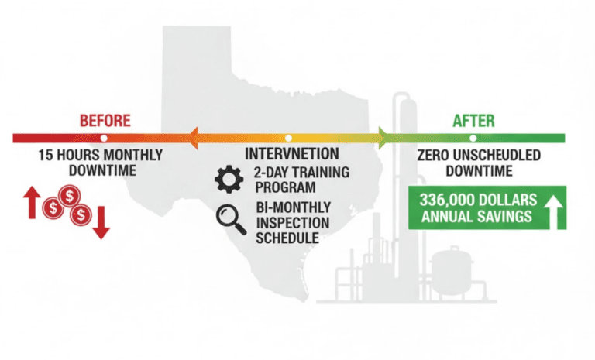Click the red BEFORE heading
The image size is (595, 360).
click(105, 121)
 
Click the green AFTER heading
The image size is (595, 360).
click(474, 122)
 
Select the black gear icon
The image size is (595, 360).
click(229, 180)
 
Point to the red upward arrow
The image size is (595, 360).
click(33, 202)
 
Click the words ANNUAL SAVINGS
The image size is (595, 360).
click(476, 216)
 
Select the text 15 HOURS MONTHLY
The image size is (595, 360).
click(101, 155)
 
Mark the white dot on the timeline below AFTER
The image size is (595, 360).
click(472, 137)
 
